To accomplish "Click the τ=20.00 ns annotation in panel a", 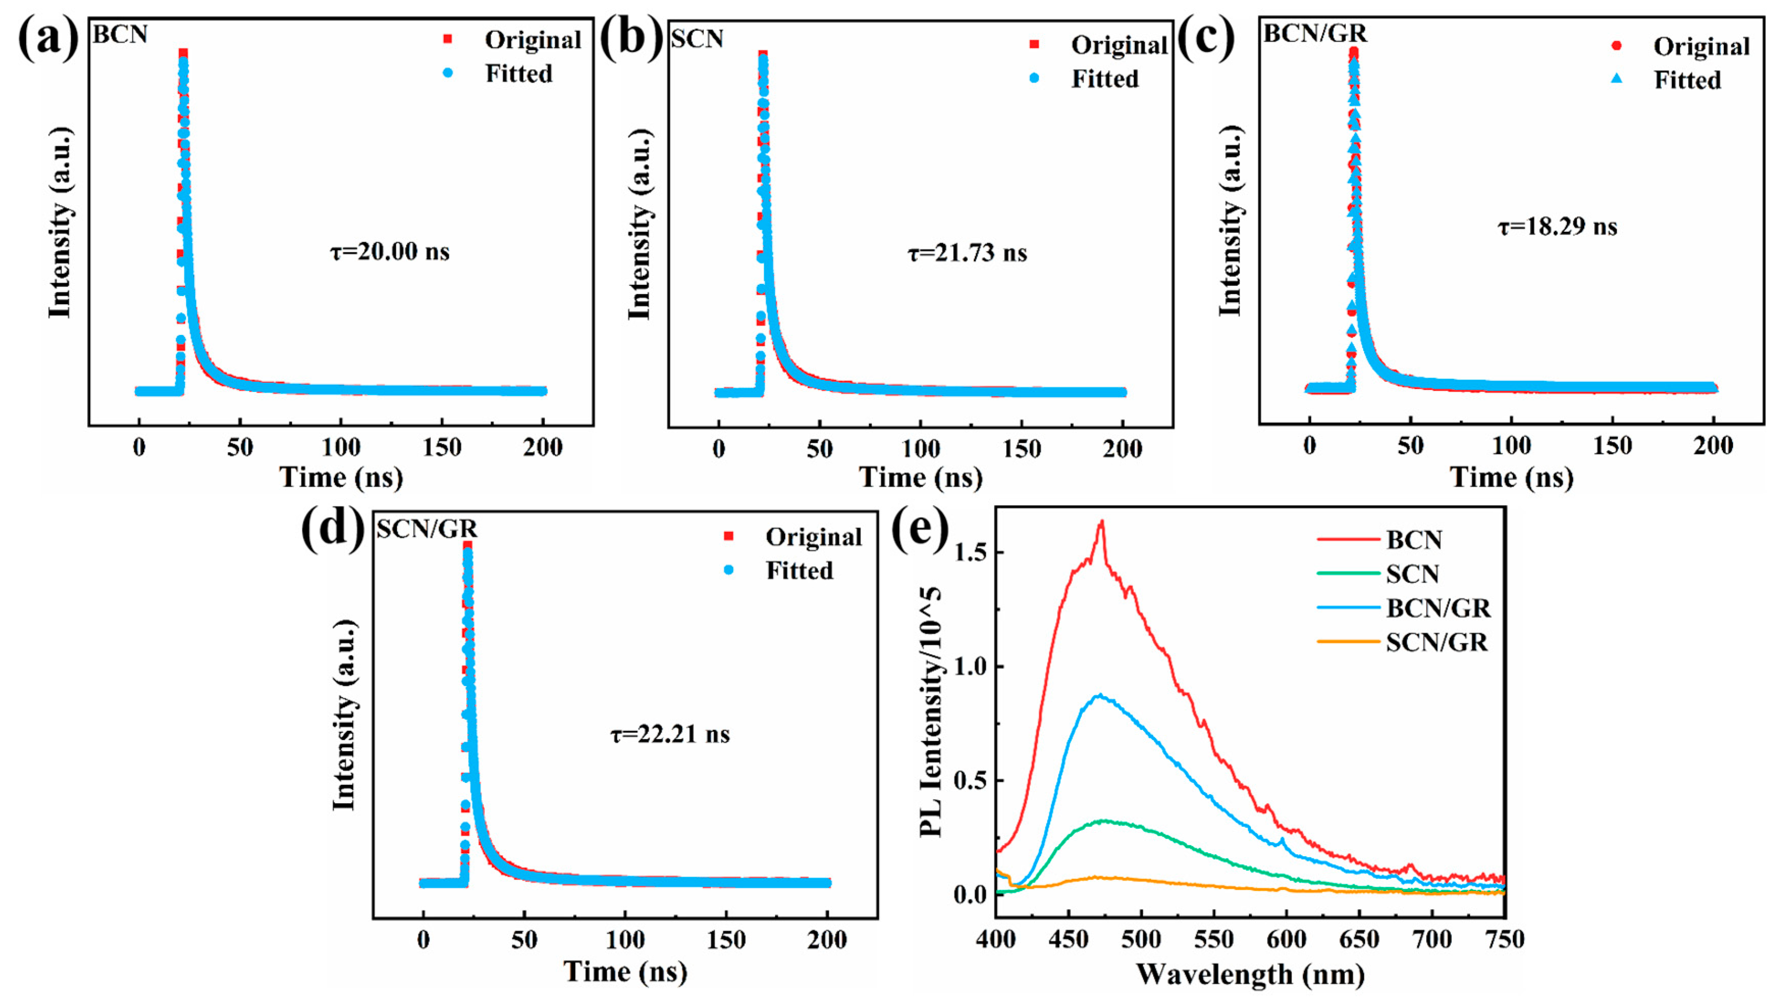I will coord(390,251).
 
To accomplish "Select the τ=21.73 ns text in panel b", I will coord(967,253).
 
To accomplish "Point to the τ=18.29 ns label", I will coord(1557,226).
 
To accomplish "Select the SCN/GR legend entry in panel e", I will coord(1436,642).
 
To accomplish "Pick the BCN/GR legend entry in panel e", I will coord(1438,608).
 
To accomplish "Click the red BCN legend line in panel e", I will coord(1347,539).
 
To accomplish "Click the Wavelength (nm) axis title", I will coord(1250,974).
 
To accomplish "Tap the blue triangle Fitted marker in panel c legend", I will coord(1617,80).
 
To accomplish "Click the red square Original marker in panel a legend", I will coord(448,39).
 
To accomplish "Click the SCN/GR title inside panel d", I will coord(426,529).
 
